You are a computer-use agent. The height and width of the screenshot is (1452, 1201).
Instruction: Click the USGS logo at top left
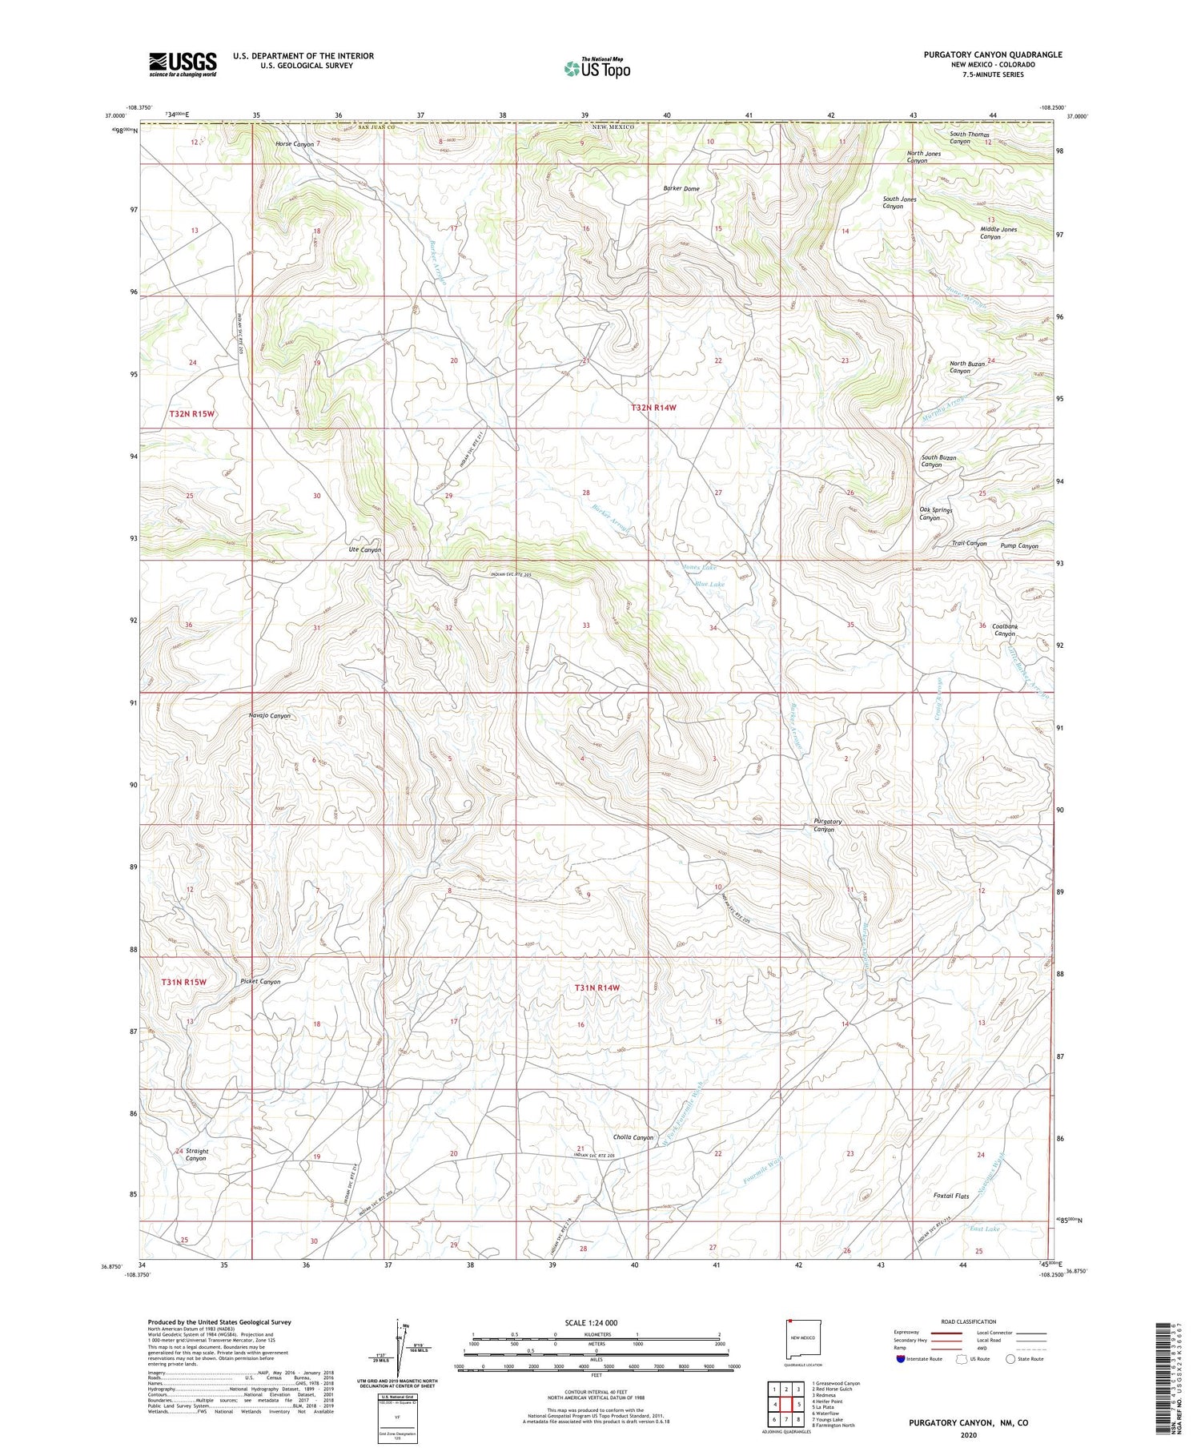[x=183, y=64]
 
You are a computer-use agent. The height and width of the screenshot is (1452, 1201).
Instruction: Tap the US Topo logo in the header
[x=596, y=69]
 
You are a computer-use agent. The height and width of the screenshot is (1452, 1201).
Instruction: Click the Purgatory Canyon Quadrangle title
[x=993, y=55]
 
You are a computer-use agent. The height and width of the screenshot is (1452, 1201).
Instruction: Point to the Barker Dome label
[x=681, y=189]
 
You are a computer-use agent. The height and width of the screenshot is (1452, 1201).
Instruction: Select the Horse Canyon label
[x=295, y=144]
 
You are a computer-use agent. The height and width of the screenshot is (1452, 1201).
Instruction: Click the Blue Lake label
[x=709, y=585]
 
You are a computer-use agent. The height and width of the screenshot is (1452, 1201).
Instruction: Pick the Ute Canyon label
[x=364, y=550]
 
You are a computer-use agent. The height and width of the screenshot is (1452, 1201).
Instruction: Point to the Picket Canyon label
[x=260, y=981]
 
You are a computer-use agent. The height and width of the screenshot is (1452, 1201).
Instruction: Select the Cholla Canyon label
[x=633, y=1137]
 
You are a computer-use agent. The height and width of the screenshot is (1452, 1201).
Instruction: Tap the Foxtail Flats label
[x=951, y=1196]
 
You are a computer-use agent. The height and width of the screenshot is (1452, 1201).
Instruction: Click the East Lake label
[x=984, y=1229]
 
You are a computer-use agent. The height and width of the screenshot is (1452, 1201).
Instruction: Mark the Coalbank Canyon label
[x=1004, y=630]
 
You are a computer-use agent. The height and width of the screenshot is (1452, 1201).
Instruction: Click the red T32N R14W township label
[x=653, y=408]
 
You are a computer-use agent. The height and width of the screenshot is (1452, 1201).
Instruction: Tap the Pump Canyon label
[x=1019, y=546]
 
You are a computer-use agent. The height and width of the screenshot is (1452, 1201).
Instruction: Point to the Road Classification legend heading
[x=969, y=1321]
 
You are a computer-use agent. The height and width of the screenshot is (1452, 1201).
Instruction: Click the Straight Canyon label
[x=196, y=1155]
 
